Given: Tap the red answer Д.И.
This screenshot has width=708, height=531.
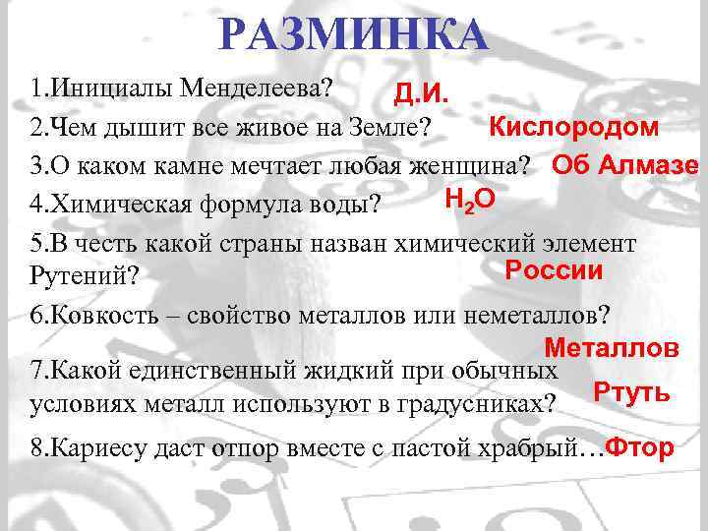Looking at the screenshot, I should click(422, 93).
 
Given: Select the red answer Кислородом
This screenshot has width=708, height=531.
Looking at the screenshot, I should click(574, 127).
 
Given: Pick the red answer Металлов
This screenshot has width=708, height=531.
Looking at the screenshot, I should click(611, 347).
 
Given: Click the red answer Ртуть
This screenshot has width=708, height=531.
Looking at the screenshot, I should click(632, 391).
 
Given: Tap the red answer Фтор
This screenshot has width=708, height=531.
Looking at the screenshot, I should click(640, 448).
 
